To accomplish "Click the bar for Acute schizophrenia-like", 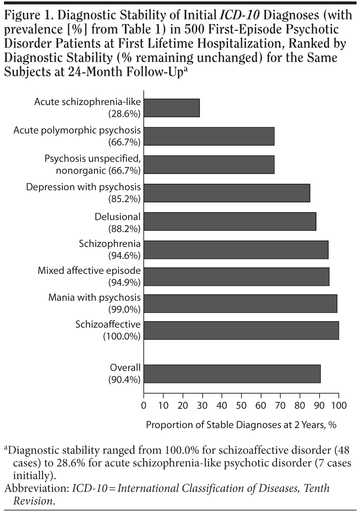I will coord(172,108).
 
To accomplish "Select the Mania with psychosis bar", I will coord(240,303).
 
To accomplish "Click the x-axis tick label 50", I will coord(241,406).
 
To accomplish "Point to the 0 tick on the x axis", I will coord(144,406).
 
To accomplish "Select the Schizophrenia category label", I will coord(110,244).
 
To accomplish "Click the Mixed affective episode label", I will coord(89,271).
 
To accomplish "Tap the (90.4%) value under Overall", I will coord(124,380).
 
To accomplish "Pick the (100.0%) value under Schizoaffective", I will coord(122,336).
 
